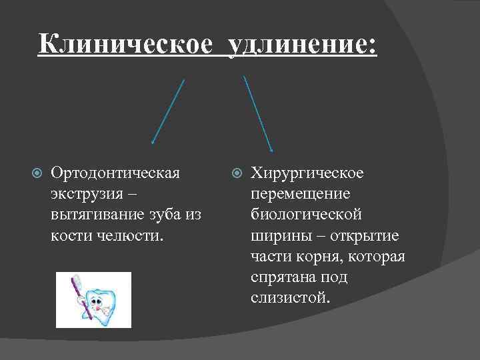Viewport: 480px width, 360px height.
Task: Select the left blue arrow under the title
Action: pos(168,111)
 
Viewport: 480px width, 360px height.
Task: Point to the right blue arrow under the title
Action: pos(258,113)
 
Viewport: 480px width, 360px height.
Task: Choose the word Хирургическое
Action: pos(307,173)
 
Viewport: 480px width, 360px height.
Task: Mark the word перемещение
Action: pos(301,194)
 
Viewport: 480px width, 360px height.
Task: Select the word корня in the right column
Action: pos(317,256)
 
